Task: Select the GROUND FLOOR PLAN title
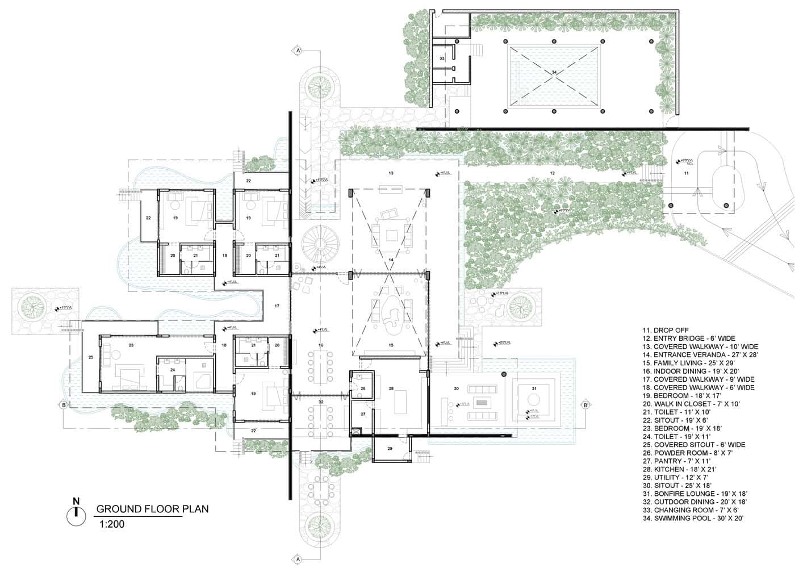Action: [152, 508]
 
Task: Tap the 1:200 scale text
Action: [111, 524]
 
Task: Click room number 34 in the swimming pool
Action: [554, 72]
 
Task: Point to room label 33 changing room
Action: [442, 59]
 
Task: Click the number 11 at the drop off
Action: [685, 172]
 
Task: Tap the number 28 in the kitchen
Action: [391, 389]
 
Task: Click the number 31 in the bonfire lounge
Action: [534, 389]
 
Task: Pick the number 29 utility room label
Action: [390, 449]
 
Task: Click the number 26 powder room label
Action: [363, 389]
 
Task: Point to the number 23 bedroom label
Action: [131, 345]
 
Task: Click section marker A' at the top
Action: [297, 51]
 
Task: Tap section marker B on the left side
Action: [64, 405]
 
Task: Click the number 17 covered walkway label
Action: [277, 306]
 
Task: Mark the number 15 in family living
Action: [390, 345]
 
